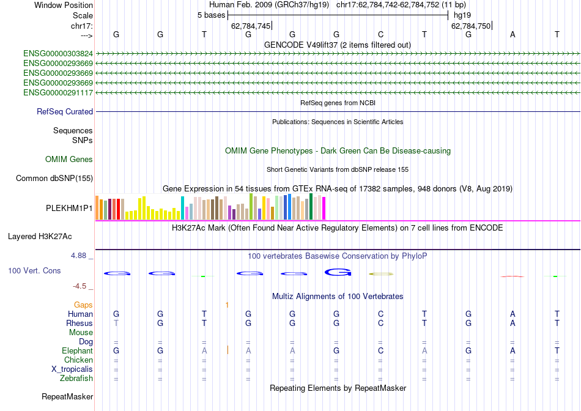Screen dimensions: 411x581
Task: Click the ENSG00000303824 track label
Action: pyautogui.click(x=58, y=54)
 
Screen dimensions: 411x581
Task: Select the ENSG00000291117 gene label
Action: pyautogui.click(x=58, y=93)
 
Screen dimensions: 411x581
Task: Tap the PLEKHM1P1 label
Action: pyautogui.click(x=69, y=208)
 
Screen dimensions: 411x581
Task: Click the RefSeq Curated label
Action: pyautogui.click(x=65, y=112)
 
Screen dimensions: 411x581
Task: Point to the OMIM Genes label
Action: pyautogui.click(x=69, y=160)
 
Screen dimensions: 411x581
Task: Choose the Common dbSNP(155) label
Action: pyautogui.click(x=54, y=179)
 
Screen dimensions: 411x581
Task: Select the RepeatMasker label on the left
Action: pyautogui.click(x=67, y=397)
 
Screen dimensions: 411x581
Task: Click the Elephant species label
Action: pyautogui.click(x=77, y=351)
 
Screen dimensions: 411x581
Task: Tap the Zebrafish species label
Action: pyautogui.click(x=76, y=379)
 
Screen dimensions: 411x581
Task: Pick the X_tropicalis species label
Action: pyautogui.click(x=72, y=369)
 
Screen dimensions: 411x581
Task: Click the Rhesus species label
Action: pyautogui.click(x=80, y=324)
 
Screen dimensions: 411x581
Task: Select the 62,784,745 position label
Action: pyautogui.click(x=251, y=26)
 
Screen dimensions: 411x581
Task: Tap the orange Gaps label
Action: pyautogui.click(x=83, y=305)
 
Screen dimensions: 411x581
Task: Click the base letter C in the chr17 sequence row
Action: pyautogui.click(x=380, y=34)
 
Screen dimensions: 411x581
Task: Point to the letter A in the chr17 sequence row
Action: pyautogui.click(x=513, y=34)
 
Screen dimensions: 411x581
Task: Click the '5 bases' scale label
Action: pyautogui.click(x=211, y=15)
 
